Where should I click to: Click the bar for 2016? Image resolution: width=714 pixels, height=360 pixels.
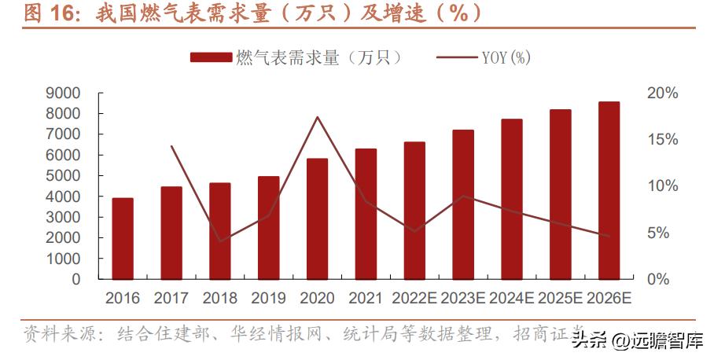(x=122, y=238)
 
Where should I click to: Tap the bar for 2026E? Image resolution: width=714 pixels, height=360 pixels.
(x=609, y=190)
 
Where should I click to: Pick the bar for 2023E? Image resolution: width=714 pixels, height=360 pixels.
(x=463, y=204)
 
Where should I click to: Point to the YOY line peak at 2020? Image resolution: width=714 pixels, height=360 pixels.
(x=317, y=117)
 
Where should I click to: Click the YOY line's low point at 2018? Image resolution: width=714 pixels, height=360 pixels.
(x=219, y=241)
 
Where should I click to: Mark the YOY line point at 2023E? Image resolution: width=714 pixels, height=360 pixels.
(x=463, y=196)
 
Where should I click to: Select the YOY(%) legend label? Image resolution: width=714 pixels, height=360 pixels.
(x=506, y=57)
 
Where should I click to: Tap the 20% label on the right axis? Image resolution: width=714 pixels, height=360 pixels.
(x=661, y=93)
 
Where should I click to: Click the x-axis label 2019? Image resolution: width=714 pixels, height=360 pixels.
(x=268, y=299)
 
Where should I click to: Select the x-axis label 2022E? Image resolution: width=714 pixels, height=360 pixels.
(x=414, y=299)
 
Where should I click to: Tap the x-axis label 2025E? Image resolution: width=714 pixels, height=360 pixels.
(x=560, y=299)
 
